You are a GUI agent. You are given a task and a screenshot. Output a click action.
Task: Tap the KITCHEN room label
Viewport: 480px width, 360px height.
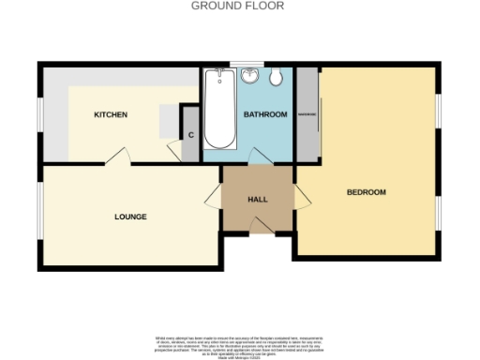tap(110, 115)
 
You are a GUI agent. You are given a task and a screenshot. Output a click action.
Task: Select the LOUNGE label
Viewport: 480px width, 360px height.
tap(130, 217)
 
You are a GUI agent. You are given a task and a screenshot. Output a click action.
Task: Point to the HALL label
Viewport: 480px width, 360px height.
tap(257, 200)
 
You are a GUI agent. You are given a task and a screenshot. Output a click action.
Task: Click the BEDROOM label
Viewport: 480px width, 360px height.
tap(366, 192)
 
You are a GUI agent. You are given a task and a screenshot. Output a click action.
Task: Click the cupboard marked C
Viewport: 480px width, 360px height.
tap(190, 134)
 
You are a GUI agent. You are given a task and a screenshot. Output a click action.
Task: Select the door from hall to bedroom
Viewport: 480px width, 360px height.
tap(302, 198)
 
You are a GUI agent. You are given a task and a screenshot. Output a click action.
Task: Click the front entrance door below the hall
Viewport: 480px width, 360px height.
tap(258, 228)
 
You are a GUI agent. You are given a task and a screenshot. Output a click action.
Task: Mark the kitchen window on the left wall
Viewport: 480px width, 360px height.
tap(40, 118)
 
